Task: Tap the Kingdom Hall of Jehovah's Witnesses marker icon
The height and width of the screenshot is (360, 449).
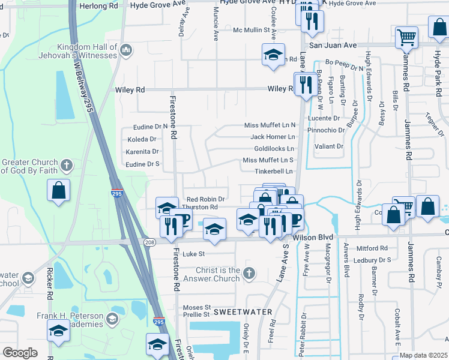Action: (x=125, y=50)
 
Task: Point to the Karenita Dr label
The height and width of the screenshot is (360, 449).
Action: (x=142, y=152)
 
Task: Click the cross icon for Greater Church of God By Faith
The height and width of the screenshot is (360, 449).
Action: (x=66, y=164)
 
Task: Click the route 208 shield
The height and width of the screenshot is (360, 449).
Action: (x=150, y=241)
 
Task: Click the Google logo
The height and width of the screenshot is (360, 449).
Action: (x=20, y=353)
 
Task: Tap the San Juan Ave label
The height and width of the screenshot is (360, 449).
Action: (x=333, y=45)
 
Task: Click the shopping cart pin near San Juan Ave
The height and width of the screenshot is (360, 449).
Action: (x=406, y=37)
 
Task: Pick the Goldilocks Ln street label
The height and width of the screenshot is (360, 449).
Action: (x=274, y=148)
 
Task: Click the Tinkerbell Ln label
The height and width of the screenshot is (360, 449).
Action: (x=274, y=171)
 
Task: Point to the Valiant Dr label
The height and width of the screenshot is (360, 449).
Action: (x=330, y=146)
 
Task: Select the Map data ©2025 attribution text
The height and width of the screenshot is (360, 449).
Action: (x=423, y=355)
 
